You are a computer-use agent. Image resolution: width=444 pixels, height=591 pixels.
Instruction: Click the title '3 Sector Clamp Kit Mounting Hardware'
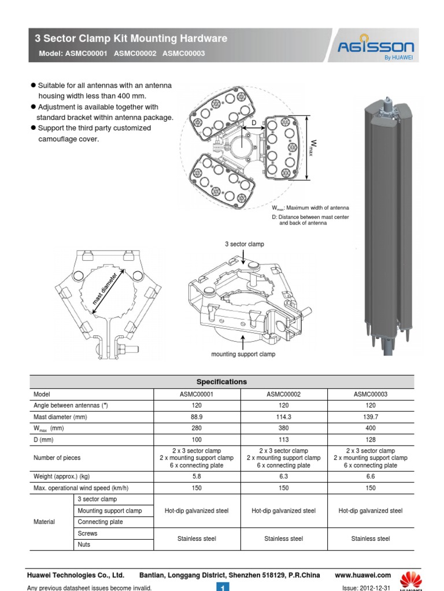click(x=131, y=39)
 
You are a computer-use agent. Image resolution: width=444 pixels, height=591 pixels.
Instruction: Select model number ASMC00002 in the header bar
click(x=136, y=54)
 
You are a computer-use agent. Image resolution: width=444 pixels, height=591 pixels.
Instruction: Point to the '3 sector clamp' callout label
click(x=245, y=244)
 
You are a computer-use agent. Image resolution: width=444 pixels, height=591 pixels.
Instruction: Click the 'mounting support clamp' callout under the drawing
click(x=243, y=354)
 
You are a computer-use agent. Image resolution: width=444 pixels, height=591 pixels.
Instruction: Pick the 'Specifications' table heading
click(x=221, y=382)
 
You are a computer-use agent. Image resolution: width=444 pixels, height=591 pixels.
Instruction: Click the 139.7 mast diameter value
click(x=371, y=417)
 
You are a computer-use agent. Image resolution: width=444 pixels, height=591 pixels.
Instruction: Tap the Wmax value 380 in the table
click(x=283, y=428)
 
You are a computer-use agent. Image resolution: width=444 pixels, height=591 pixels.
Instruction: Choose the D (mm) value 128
click(x=371, y=440)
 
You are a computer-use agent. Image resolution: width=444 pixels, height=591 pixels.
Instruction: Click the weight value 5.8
click(x=197, y=477)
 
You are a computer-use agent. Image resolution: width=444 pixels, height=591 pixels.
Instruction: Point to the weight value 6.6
click(x=371, y=477)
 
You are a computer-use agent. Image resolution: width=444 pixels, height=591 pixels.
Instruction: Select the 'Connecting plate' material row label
click(x=100, y=522)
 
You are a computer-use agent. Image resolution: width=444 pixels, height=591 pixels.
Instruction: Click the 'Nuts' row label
click(x=84, y=545)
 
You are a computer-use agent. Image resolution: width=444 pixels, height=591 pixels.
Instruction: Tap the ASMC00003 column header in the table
click(x=371, y=394)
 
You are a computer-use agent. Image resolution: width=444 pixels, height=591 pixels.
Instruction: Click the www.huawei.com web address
click(x=363, y=575)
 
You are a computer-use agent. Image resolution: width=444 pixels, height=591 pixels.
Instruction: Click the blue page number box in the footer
click(x=223, y=587)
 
